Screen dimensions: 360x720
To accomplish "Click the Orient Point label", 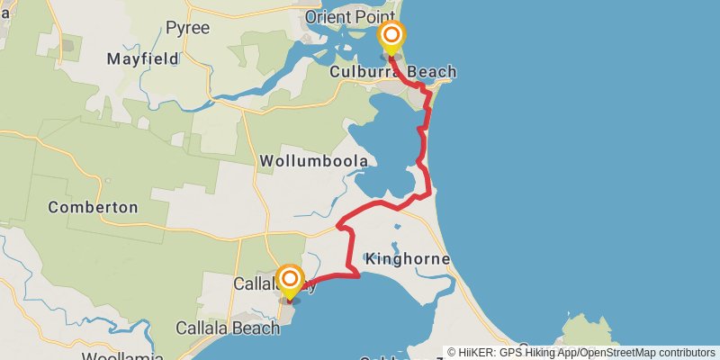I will (349, 17).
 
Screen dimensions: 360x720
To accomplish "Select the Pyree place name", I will (187, 28).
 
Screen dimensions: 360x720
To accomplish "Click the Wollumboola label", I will (313, 161).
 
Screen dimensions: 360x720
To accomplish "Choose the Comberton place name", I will (93, 207).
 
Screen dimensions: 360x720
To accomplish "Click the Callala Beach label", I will (229, 328).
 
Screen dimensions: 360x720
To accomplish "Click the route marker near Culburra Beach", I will (391, 36).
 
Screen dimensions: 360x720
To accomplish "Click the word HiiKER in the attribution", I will (475, 353).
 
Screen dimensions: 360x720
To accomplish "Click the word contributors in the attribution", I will (685, 353).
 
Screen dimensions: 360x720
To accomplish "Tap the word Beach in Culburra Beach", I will (430, 72).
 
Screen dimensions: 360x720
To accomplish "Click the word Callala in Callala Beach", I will (203, 328).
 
